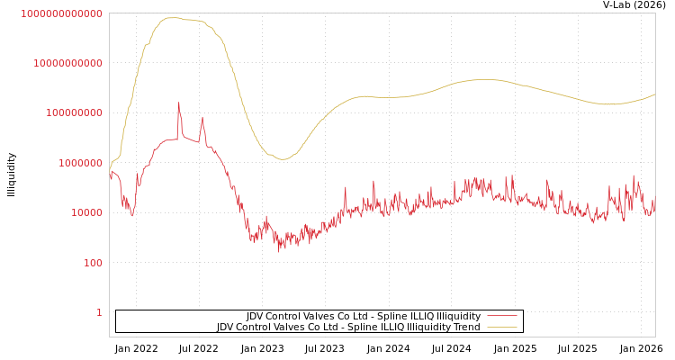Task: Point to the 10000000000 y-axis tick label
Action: (x=67, y=63)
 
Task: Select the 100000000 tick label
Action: (x=73, y=113)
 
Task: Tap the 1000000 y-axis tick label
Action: (x=79, y=163)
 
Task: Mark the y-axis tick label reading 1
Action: (x=99, y=312)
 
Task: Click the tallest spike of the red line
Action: (x=178, y=103)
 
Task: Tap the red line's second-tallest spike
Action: (x=202, y=118)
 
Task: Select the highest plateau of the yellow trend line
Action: (x=171, y=18)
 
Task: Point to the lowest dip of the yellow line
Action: (x=282, y=159)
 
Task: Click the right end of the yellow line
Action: (x=654, y=94)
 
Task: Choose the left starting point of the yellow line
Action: (x=110, y=170)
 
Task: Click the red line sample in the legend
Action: (x=502, y=316)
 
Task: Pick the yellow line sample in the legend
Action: (x=502, y=327)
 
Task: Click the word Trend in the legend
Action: (x=466, y=327)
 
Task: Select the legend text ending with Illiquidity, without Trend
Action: (x=364, y=316)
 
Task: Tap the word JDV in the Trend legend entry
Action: (x=228, y=327)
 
